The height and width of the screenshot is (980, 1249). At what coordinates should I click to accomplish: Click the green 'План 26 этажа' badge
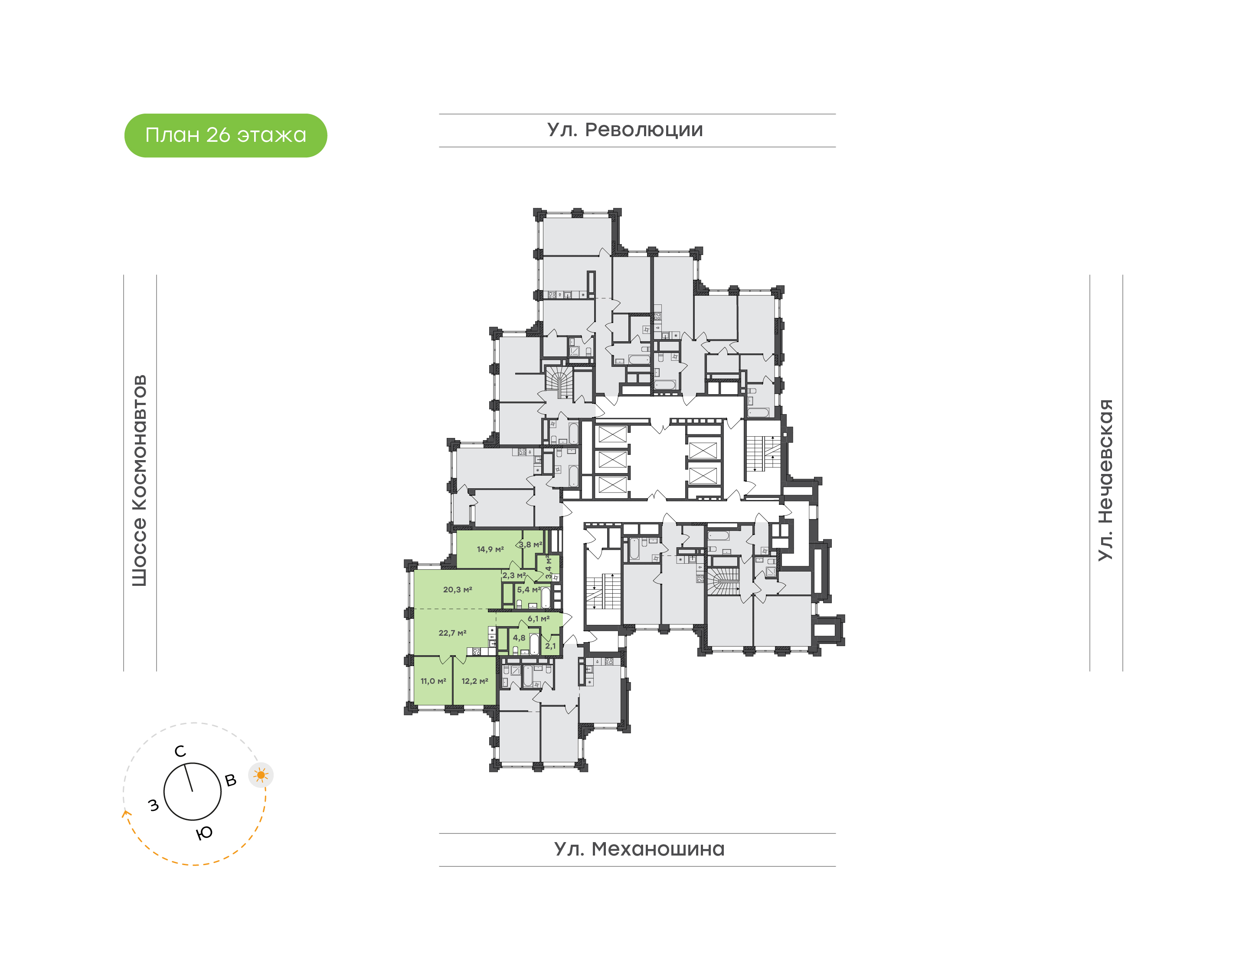click(226, 135)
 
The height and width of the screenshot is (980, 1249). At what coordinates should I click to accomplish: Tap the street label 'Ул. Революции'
click(625, 130)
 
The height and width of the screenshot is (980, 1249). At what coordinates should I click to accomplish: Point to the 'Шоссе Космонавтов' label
click(139, 480)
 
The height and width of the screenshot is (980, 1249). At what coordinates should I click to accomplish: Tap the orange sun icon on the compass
click(261, 775)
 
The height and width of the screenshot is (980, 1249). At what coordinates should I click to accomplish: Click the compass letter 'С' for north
click(180, 751)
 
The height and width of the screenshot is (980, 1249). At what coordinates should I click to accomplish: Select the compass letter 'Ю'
click(204, 833)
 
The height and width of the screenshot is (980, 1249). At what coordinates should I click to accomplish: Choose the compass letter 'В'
click(231, 781)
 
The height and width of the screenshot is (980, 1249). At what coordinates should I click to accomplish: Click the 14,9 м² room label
click(490, 549)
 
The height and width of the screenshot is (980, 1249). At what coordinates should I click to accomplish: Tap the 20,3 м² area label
click(457, 589)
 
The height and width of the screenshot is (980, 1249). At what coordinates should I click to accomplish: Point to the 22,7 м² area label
click(452, 633)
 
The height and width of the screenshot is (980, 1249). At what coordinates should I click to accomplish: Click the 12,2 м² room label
click(474, 681)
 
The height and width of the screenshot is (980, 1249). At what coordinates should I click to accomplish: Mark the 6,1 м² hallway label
click(538, 618)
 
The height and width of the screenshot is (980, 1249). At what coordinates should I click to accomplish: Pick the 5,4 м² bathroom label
click(528, 589)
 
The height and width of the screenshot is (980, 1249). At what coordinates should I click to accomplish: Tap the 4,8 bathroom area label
click(519, 637)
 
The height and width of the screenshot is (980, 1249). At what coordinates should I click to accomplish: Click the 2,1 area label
click(550, 646)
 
